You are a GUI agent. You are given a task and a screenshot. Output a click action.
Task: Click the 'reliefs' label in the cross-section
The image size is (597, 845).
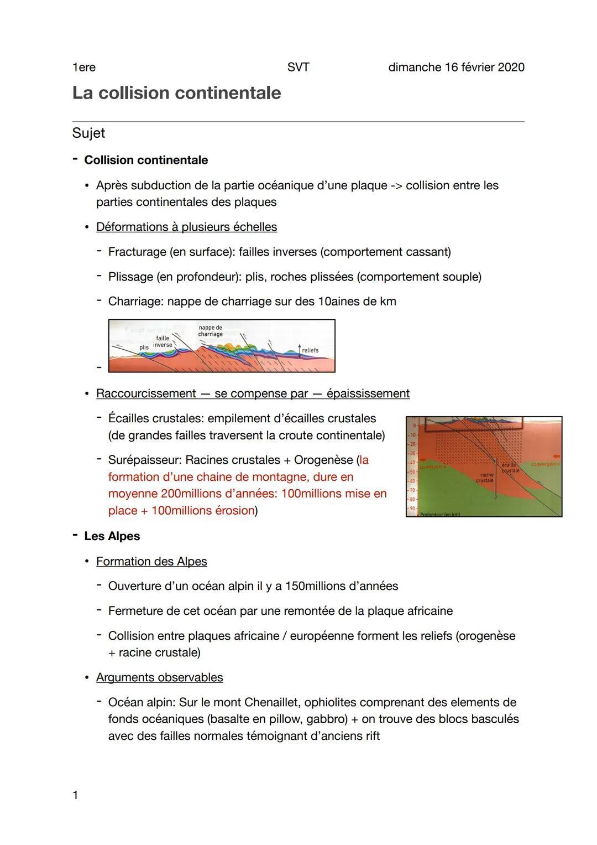310,350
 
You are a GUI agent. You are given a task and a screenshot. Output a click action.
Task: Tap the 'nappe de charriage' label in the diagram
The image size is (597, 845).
210,331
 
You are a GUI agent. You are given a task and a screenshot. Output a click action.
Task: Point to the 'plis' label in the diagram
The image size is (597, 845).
144,347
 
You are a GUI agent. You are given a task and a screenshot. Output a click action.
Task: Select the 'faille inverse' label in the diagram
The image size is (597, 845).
163,341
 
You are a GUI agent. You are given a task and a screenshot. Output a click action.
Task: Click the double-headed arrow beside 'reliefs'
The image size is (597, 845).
299,350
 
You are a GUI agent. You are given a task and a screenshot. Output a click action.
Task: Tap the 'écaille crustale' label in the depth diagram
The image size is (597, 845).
510,468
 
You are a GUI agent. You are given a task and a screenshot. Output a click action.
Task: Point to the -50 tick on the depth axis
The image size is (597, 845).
412,471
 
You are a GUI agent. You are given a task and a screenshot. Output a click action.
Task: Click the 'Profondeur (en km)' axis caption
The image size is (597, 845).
439,514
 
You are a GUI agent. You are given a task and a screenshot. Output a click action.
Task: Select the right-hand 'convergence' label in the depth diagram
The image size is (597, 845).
545,464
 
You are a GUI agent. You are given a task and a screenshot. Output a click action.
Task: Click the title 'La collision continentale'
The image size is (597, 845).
176,92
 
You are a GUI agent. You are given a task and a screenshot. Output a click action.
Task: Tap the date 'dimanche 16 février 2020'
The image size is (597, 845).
456,68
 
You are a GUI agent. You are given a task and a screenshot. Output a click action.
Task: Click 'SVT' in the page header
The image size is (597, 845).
298,68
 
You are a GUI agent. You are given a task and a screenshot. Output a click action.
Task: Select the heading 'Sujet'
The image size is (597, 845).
88,133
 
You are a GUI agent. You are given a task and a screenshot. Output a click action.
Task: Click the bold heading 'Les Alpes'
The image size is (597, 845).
112,536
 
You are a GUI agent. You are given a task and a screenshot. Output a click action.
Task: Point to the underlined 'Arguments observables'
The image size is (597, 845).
159,677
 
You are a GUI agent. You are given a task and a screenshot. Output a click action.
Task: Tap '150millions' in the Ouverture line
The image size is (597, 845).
315,586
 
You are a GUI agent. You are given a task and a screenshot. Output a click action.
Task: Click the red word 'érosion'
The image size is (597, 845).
232,510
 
